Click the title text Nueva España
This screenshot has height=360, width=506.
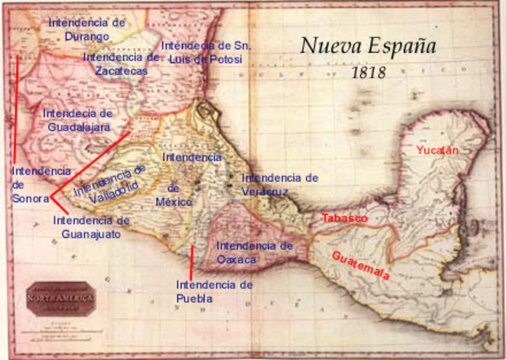point(368,45)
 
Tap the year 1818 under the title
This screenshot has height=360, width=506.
point(368,72)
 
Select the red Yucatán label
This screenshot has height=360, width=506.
point(437,150)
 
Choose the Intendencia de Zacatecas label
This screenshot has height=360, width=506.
point(120,63)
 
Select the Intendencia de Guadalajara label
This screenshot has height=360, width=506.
point(77,119)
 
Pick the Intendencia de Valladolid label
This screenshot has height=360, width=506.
point(110,184)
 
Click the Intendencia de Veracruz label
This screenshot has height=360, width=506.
point(280,184)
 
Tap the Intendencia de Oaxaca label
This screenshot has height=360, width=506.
point(254,252)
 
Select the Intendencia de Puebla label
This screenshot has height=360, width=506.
point(214,290)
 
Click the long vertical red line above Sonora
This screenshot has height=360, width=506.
point(16,107)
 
